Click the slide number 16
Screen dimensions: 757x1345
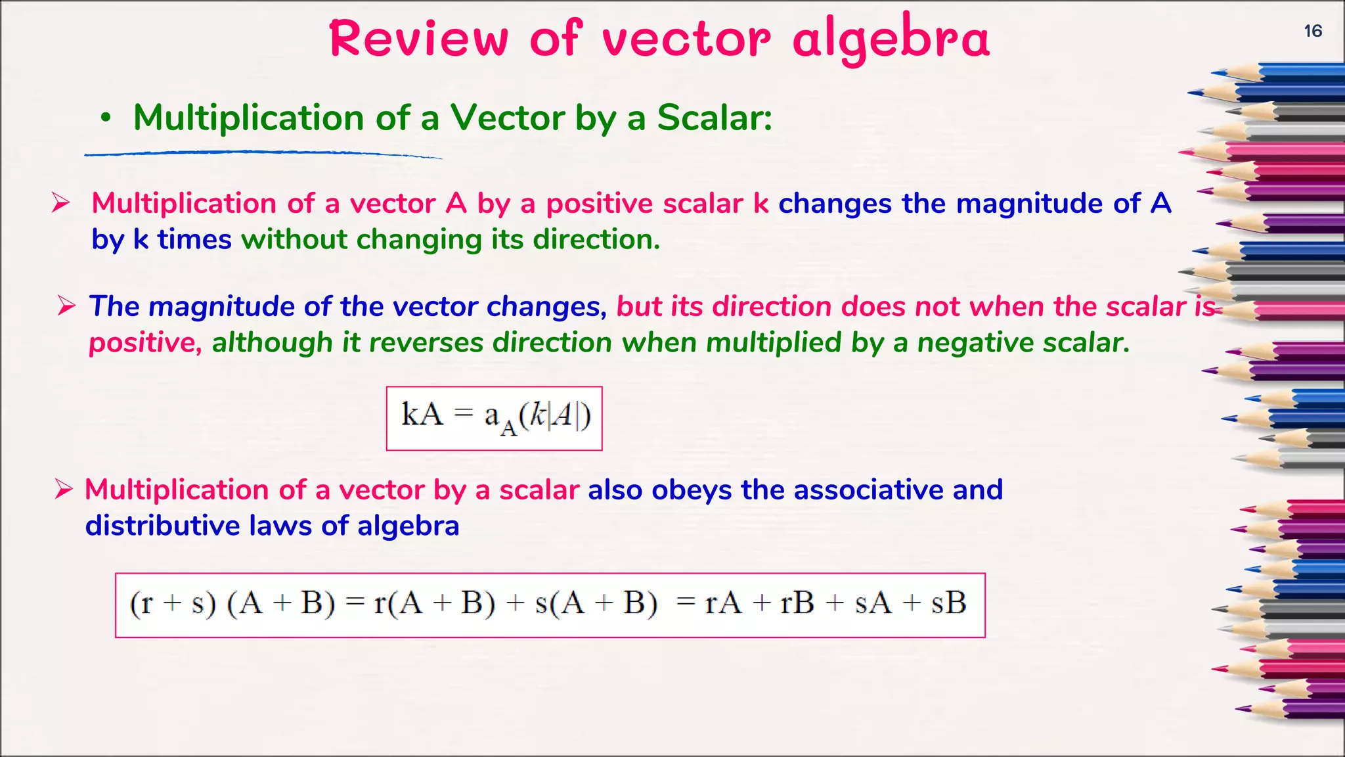1313,31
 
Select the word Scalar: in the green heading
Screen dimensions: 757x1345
715,118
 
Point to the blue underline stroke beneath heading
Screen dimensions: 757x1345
263,154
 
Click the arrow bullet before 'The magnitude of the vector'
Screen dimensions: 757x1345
66,306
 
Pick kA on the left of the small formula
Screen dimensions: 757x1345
422,415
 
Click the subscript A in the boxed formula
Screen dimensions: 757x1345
508,428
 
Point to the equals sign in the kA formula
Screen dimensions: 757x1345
464,413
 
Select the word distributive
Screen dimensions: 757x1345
162,526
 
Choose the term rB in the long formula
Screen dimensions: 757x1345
797,603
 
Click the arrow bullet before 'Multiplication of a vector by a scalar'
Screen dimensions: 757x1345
64,490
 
